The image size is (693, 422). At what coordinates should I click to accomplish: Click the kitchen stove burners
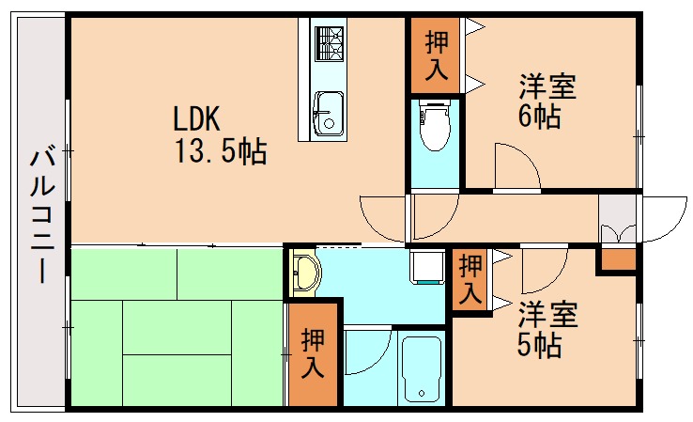(329, 41)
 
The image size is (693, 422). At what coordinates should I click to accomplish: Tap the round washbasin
(306, 274)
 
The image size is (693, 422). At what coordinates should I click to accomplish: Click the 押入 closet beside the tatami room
(313, 353)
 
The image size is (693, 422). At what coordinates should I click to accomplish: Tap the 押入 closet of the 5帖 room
(470, 280)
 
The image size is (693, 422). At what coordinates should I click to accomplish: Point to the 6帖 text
(540, 117)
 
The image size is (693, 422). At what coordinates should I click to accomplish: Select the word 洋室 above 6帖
(547, 87)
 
